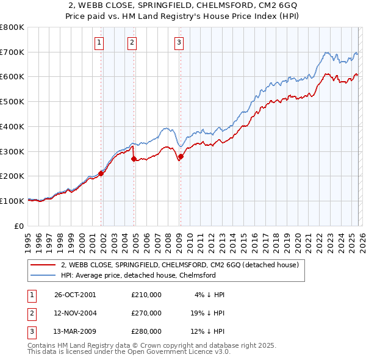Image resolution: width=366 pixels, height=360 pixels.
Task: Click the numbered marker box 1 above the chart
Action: click(x=99, y=42)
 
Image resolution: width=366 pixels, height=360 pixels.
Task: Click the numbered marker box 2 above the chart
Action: click(x=132, y=42)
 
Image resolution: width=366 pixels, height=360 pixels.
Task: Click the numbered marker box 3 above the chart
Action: click(x=179, y=42)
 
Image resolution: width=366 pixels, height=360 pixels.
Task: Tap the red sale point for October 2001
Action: click(x=101, y=173)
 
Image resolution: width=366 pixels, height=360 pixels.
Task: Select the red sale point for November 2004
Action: click(x=134, y=159)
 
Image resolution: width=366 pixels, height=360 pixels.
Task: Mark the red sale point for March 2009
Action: click(x=181, y=156)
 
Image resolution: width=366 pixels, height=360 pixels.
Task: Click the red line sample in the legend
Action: click(x=43, y=265)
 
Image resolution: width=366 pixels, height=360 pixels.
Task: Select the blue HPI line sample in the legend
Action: click(x=43, y=276)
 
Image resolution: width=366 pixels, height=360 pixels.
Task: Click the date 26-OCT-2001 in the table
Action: click(x=75, y=295)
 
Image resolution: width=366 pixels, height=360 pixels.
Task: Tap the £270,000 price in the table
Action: click(x=146, y=313)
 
